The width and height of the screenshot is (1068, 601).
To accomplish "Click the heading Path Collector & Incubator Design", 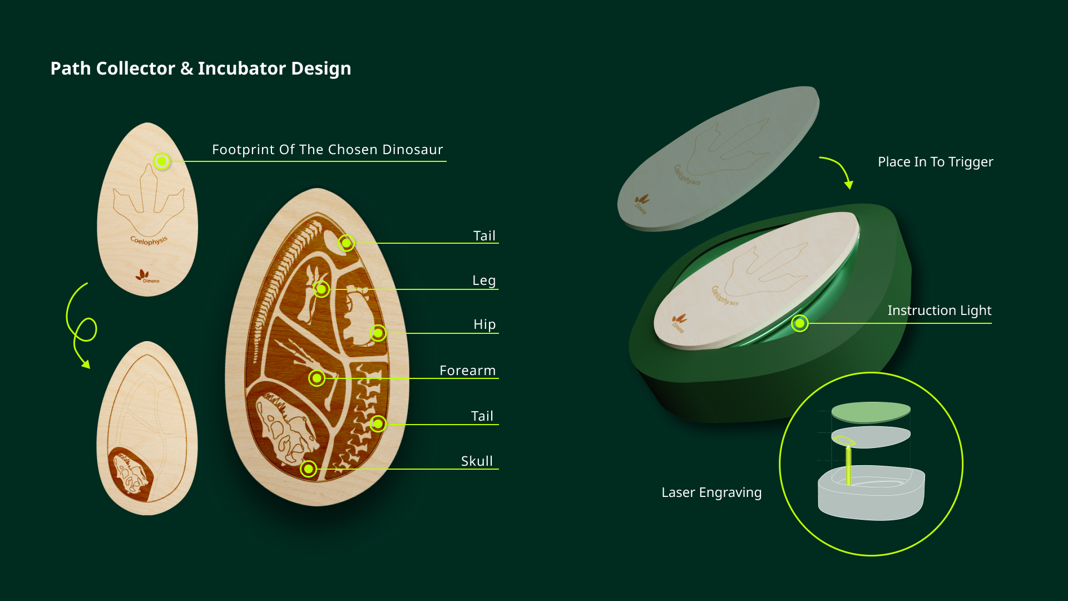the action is [x=201, y=68].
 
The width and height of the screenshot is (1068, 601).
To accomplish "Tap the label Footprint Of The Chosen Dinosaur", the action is [x=328, y=150].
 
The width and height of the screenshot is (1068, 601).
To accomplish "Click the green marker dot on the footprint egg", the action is [x=162, y=161].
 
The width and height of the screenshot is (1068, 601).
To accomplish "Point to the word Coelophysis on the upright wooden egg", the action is [x=149, y=240].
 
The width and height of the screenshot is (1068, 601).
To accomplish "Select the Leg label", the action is [x=484, y=280].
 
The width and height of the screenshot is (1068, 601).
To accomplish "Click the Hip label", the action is [x=484, y=324].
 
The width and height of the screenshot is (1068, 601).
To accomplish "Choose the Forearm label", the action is [x=467, y=371].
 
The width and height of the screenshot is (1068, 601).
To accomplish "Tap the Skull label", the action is [x=477, y=461].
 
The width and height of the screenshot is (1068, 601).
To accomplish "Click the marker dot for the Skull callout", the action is [x=309, y=469].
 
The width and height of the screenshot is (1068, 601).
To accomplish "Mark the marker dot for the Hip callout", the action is [x=378, y=333].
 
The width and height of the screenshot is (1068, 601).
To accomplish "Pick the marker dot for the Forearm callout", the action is [x=317, y=378].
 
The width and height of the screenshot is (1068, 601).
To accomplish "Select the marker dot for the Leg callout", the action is [x=322, y=289].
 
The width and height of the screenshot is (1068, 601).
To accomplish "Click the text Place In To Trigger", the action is [x=936, y=162].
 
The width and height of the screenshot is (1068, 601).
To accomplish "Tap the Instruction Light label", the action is [x=940, y=311].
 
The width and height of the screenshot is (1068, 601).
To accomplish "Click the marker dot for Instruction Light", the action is [x=800, y=323].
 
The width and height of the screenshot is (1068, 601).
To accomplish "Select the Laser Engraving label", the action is [x=711, y=492].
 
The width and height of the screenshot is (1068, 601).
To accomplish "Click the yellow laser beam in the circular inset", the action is [x=848, y=465].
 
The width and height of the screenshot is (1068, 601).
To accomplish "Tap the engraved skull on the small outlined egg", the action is [x=131, y=474].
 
